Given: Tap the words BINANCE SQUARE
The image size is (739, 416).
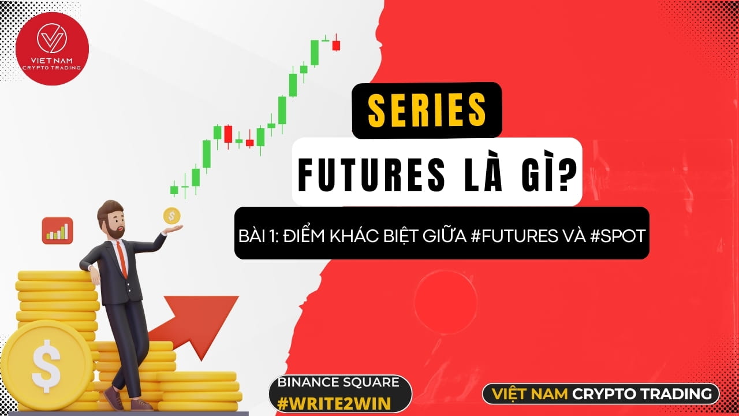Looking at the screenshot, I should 339,382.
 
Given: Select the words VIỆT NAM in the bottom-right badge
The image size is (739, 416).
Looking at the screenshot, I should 529,394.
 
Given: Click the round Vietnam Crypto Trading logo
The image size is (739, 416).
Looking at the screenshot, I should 52,49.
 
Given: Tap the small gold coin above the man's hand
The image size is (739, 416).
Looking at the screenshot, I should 171,216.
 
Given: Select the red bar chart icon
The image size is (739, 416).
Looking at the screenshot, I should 57,231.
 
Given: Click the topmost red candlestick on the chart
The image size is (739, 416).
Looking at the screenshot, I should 336,45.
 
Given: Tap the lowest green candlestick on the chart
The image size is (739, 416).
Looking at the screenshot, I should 174,189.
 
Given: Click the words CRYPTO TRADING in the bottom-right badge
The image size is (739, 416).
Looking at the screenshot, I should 641,394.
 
